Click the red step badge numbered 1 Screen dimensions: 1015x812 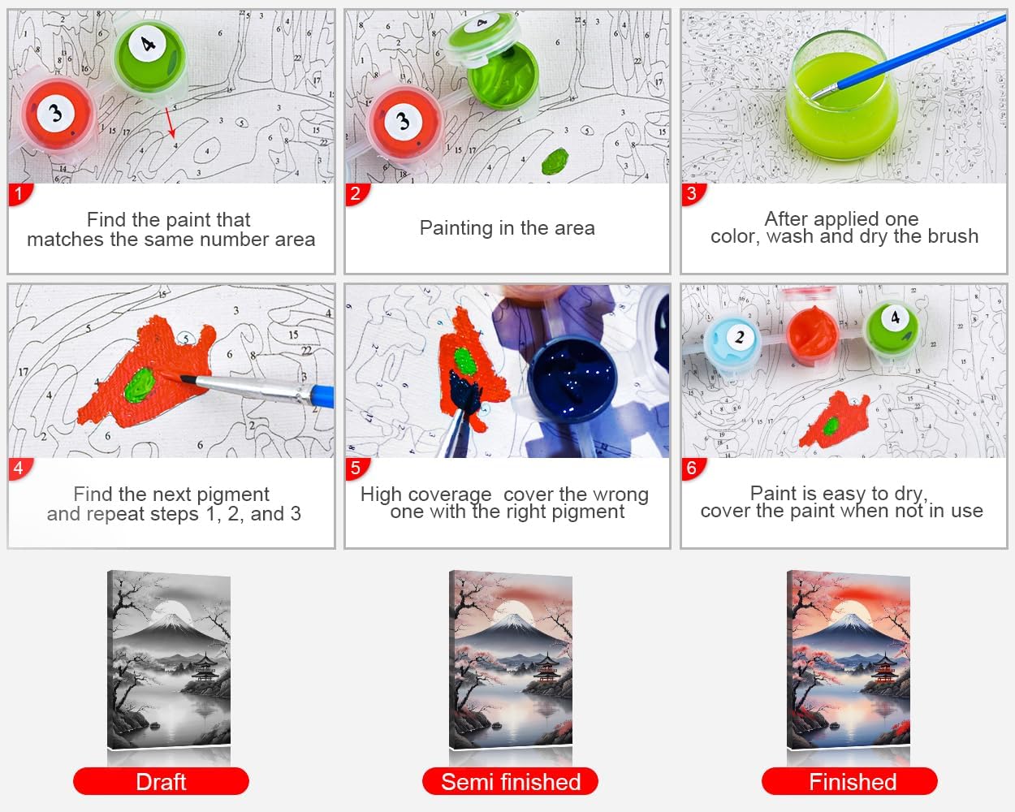(19, 194)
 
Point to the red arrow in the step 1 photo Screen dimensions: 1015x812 (171, 123)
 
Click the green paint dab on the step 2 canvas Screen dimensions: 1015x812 (555, 161)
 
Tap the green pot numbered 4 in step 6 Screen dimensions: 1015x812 (892, 330)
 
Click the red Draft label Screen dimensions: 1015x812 (161, 781)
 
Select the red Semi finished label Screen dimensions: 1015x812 (510, 781)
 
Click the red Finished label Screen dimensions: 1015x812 (849, 781)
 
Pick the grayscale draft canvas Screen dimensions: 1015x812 (169, 659)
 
